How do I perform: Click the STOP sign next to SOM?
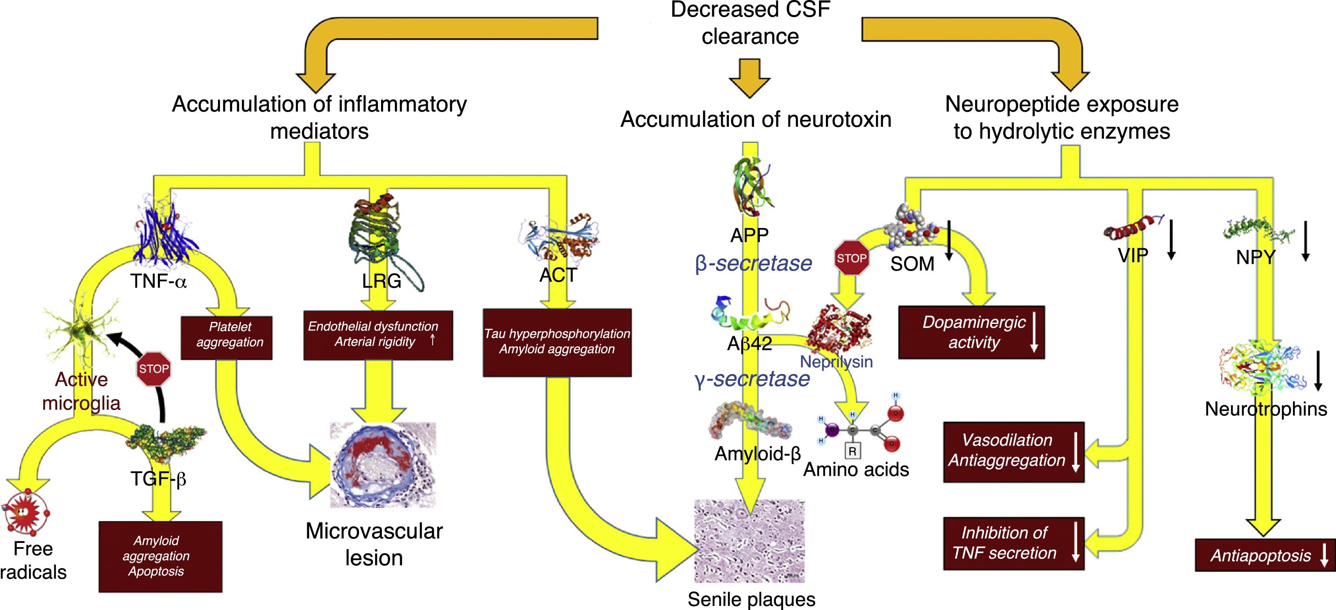(851, 258)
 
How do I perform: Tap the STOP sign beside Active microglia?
(153, 369)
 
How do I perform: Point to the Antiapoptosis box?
(1265, 556)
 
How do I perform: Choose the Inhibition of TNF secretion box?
(1014, 543)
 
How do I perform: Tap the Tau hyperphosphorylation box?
(557, 343)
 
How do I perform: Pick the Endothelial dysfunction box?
(378, 335)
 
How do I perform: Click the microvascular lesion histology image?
(383, 465)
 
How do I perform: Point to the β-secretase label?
(753, 264)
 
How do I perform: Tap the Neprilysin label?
(836, 361)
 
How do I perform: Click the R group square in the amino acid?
(852, 451)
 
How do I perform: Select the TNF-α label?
(158, 281)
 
